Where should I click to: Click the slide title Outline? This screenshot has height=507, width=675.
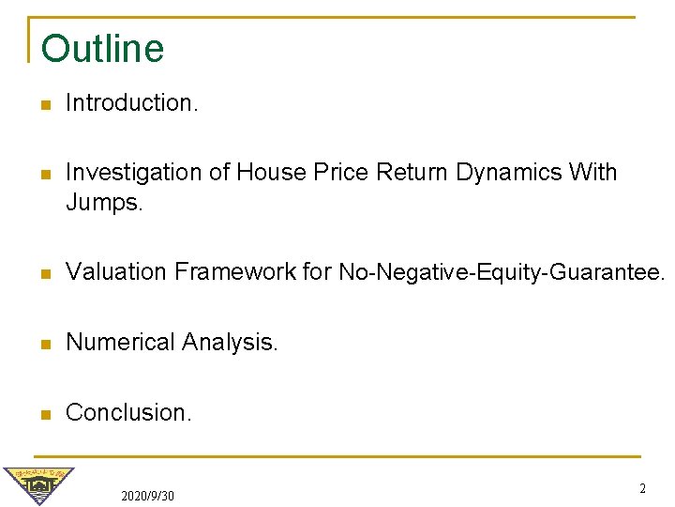(x=102, y=49)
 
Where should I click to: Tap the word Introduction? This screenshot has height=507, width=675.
(x=131, y=103)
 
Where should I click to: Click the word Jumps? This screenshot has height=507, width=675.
(x=104, y=202)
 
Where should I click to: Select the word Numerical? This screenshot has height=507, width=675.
(x=120, y=343)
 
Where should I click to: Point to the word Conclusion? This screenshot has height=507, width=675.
(x=128, y=412)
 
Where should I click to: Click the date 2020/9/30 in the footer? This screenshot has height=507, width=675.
(x=147, y=495)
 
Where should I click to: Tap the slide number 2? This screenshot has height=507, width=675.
(x=642, y=488)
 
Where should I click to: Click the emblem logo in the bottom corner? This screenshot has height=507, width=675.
(x=37, y=484)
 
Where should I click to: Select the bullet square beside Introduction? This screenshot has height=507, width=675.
(x=45, y=104)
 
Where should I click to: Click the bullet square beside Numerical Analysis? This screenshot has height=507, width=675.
(x=45, y=344)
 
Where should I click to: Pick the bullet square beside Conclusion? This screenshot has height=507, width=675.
(x=45, y=413)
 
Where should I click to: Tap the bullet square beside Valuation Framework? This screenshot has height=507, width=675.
(x=45, y=273)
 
